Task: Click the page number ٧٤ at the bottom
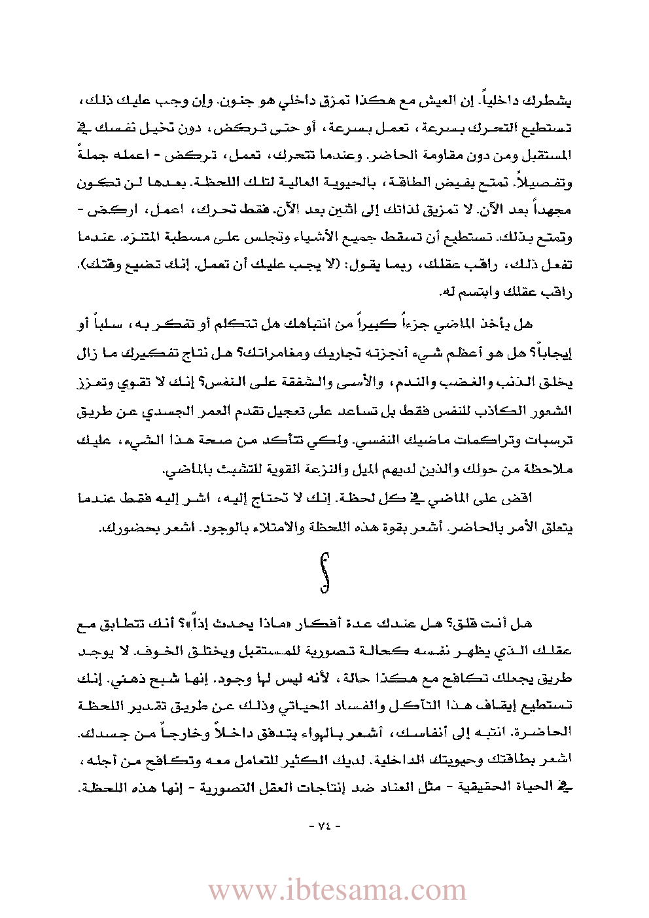(x=324, y=826)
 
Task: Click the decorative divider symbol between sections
(x=324, y=573)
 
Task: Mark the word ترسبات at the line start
(x=553, y=440)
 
